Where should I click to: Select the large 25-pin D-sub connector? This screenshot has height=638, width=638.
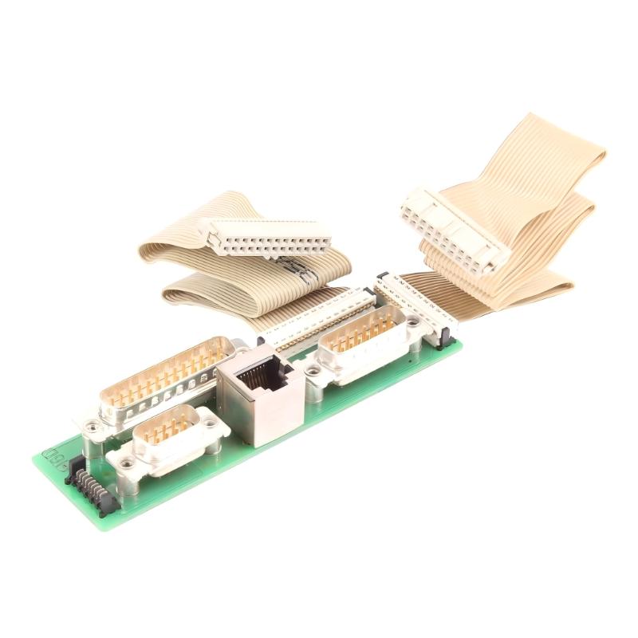(x=163, y=381)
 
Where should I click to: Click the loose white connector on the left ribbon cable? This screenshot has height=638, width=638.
(x=263, y=239)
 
